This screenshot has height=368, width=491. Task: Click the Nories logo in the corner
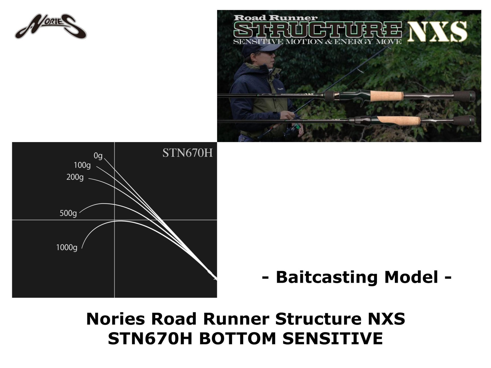tap(51, 28)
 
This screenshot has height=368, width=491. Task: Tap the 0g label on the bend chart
tap(98, 156)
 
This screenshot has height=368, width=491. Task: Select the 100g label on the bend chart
tap(82, 165)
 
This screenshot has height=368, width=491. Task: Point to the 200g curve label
tap(75, 177)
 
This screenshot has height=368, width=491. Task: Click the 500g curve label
tap(68, 213)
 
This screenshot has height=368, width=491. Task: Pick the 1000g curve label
tap(67, 248)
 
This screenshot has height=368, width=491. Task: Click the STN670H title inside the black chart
tap(187, 153)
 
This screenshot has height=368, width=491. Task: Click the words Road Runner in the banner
tap(275, 18)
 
